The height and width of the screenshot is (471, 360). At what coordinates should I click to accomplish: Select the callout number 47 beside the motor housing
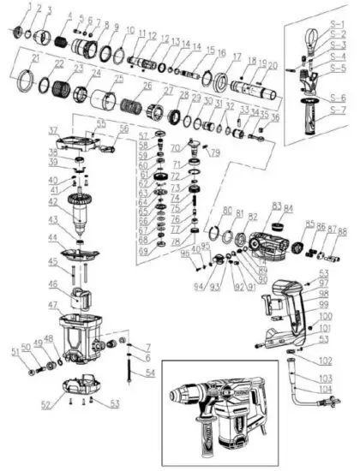(52, 305)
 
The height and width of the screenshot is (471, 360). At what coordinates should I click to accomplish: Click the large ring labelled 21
(37, 86)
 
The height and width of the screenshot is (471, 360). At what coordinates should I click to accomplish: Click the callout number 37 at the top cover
(52, 130)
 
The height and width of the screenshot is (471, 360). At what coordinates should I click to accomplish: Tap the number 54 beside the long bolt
(151, 373)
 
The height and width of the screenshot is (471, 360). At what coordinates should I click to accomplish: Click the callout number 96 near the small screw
(185, 253)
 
